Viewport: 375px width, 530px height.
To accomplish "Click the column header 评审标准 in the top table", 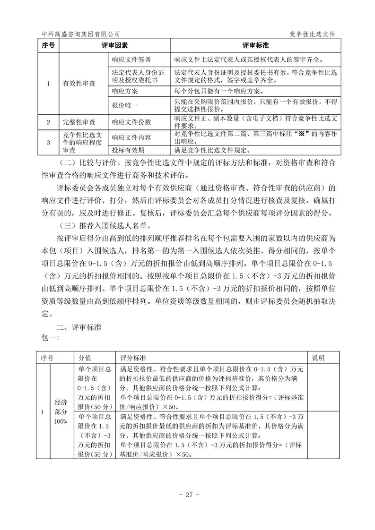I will tap(256, 46).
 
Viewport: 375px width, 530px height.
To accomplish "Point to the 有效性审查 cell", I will tap(79, 83).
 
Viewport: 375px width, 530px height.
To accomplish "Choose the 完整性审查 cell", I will tap(79, 122).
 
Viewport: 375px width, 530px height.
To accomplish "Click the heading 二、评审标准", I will tap(78, 327).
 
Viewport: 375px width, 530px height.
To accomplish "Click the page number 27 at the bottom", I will tap(188, 495).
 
